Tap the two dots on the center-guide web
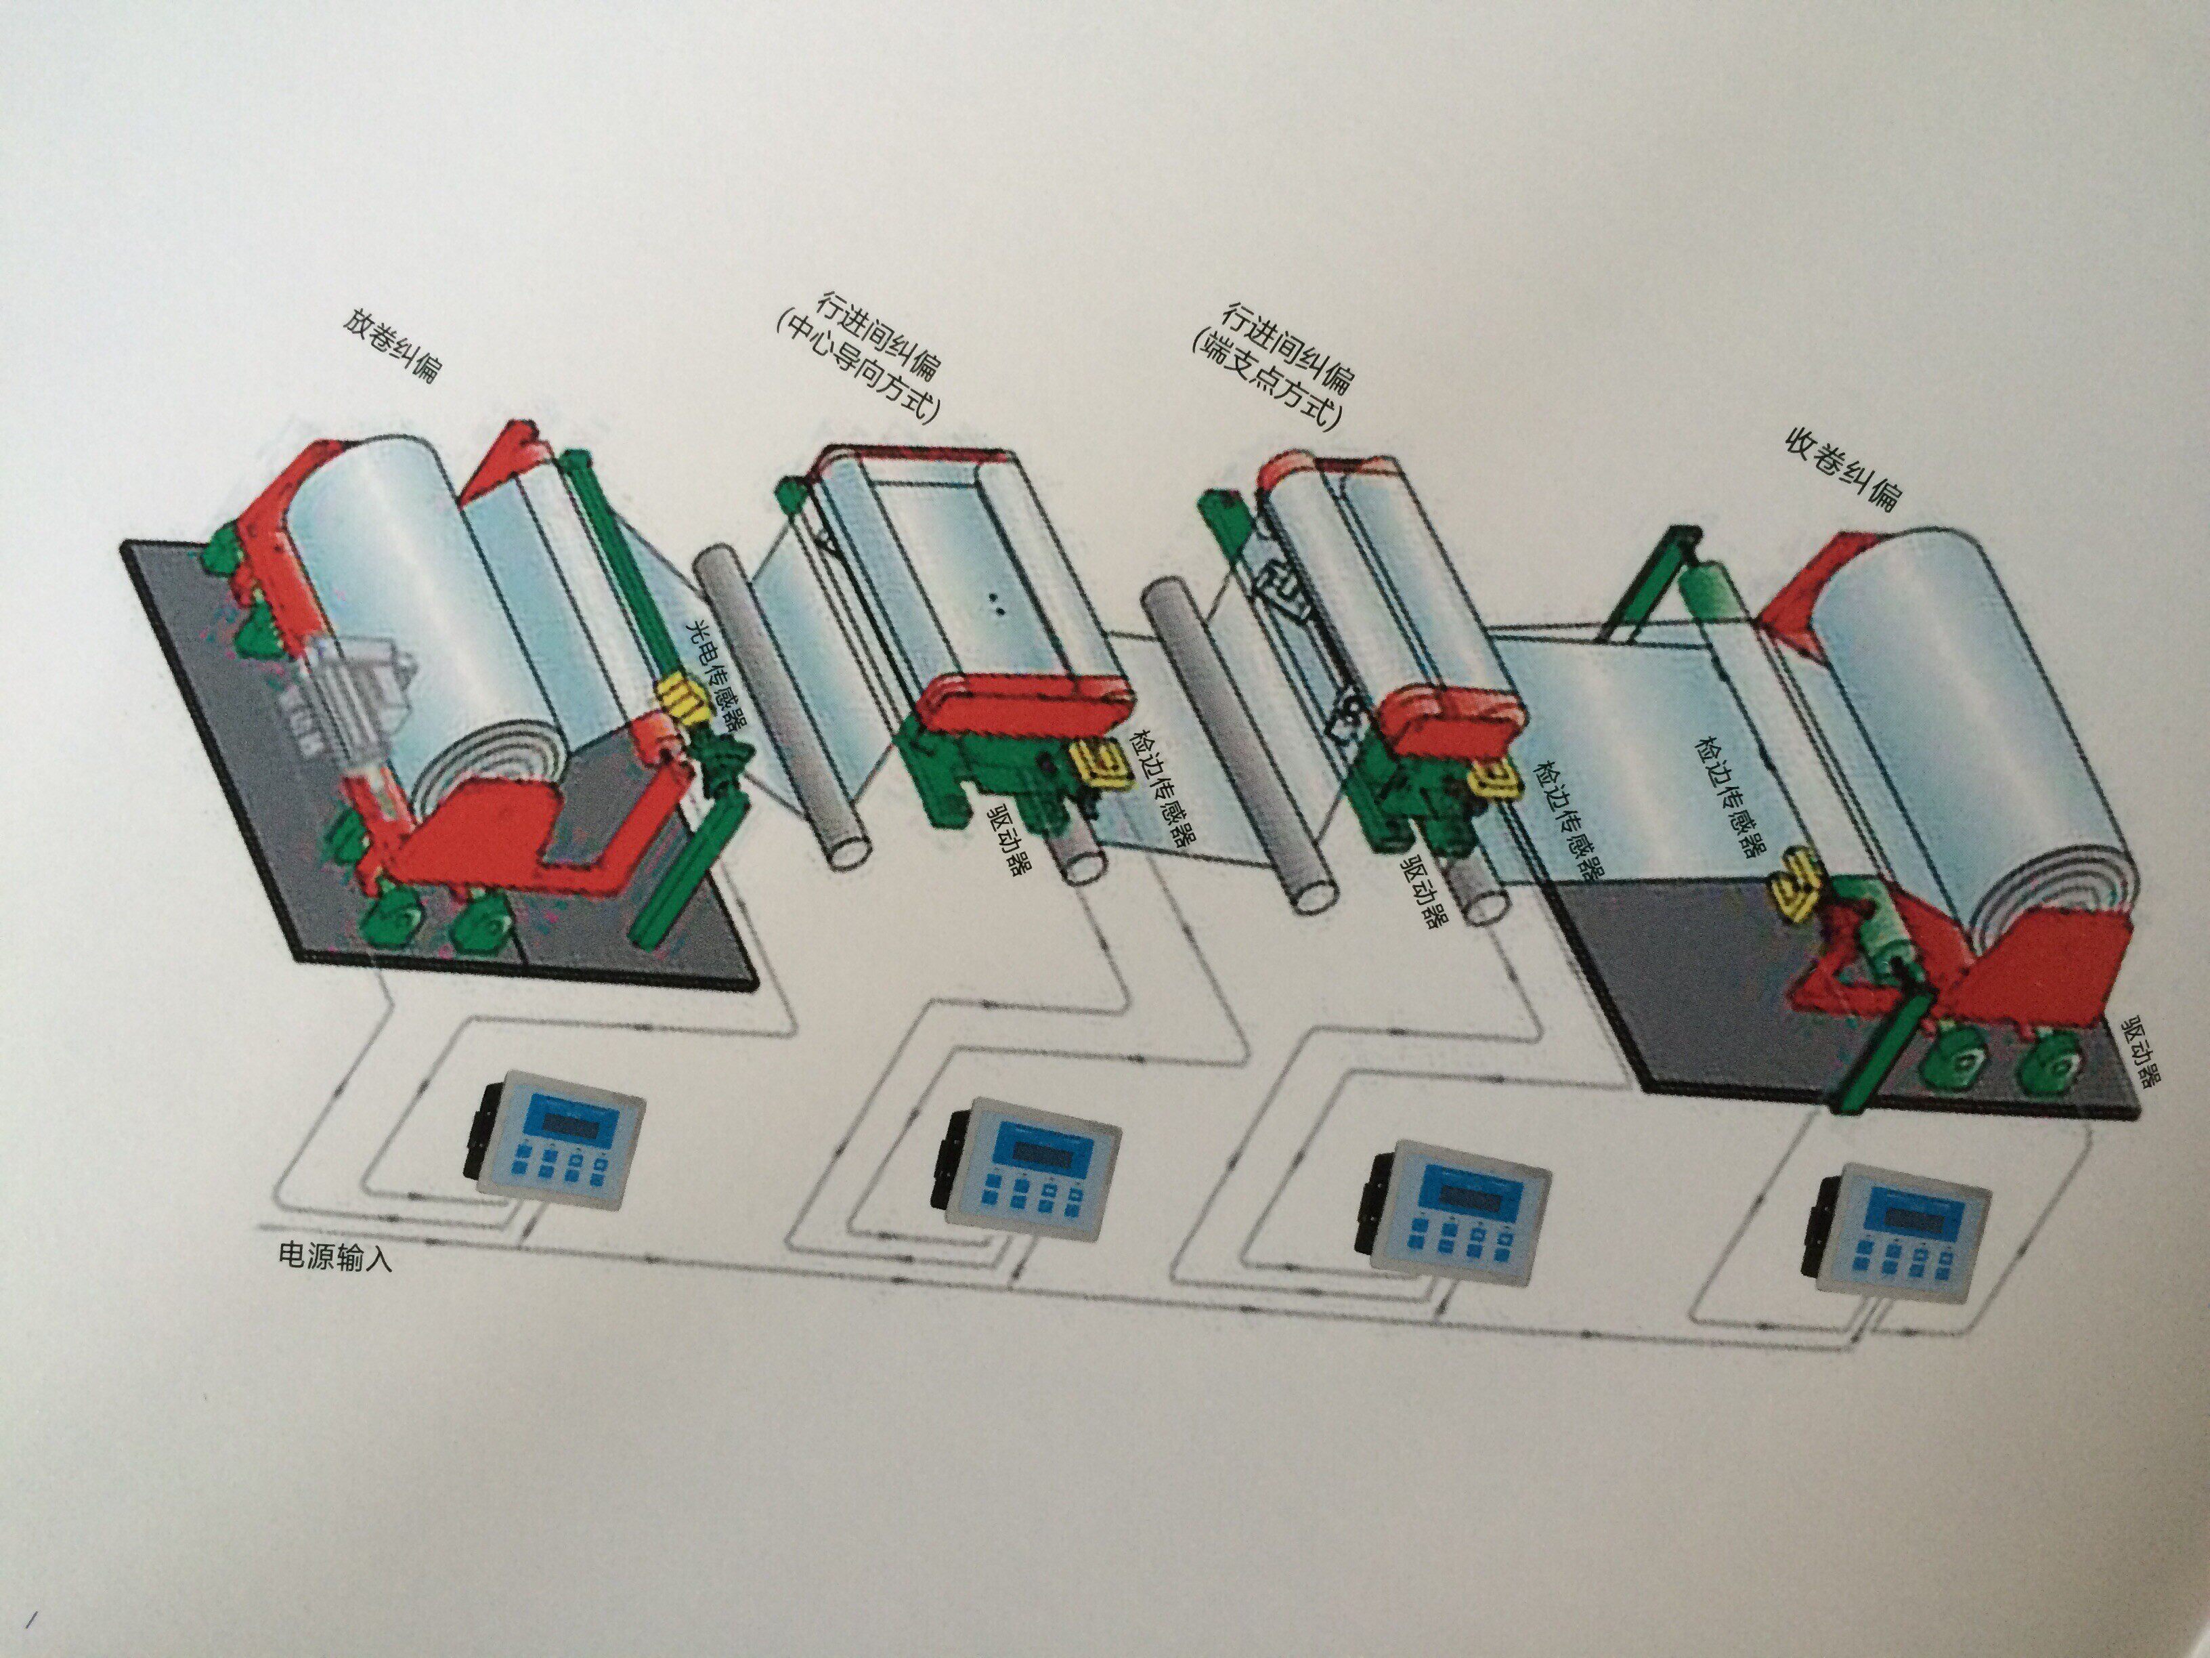coord(995,603)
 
